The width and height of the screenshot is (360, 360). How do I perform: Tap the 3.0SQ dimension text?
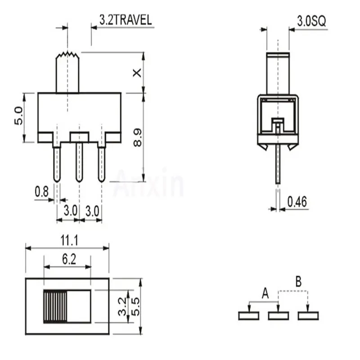[308, 21]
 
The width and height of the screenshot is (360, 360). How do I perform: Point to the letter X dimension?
[137, 73]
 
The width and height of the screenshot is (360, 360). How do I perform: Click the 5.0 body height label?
[18, 117]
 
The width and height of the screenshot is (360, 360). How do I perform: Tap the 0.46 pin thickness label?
[297, 202]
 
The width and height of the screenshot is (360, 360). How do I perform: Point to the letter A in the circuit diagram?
[265, 294]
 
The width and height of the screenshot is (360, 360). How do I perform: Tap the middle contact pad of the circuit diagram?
[278, 316]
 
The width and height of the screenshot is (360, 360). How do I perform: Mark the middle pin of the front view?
[79, 162]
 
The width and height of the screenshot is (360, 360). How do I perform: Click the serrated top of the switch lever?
[67, 56]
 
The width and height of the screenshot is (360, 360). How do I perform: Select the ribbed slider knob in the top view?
[55, 306]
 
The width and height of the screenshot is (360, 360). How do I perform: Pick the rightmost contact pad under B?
[308, 316]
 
